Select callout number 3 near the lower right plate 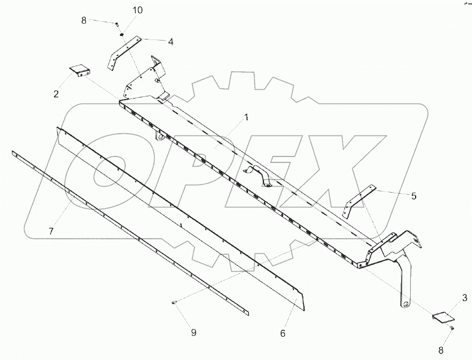coord(464,297)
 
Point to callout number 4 coord(170,41)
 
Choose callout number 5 coord(413,196)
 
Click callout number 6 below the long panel coord(282,333)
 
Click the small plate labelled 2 coord(80,70)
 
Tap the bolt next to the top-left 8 coord(117,23)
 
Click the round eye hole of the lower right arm coord(405,304)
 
